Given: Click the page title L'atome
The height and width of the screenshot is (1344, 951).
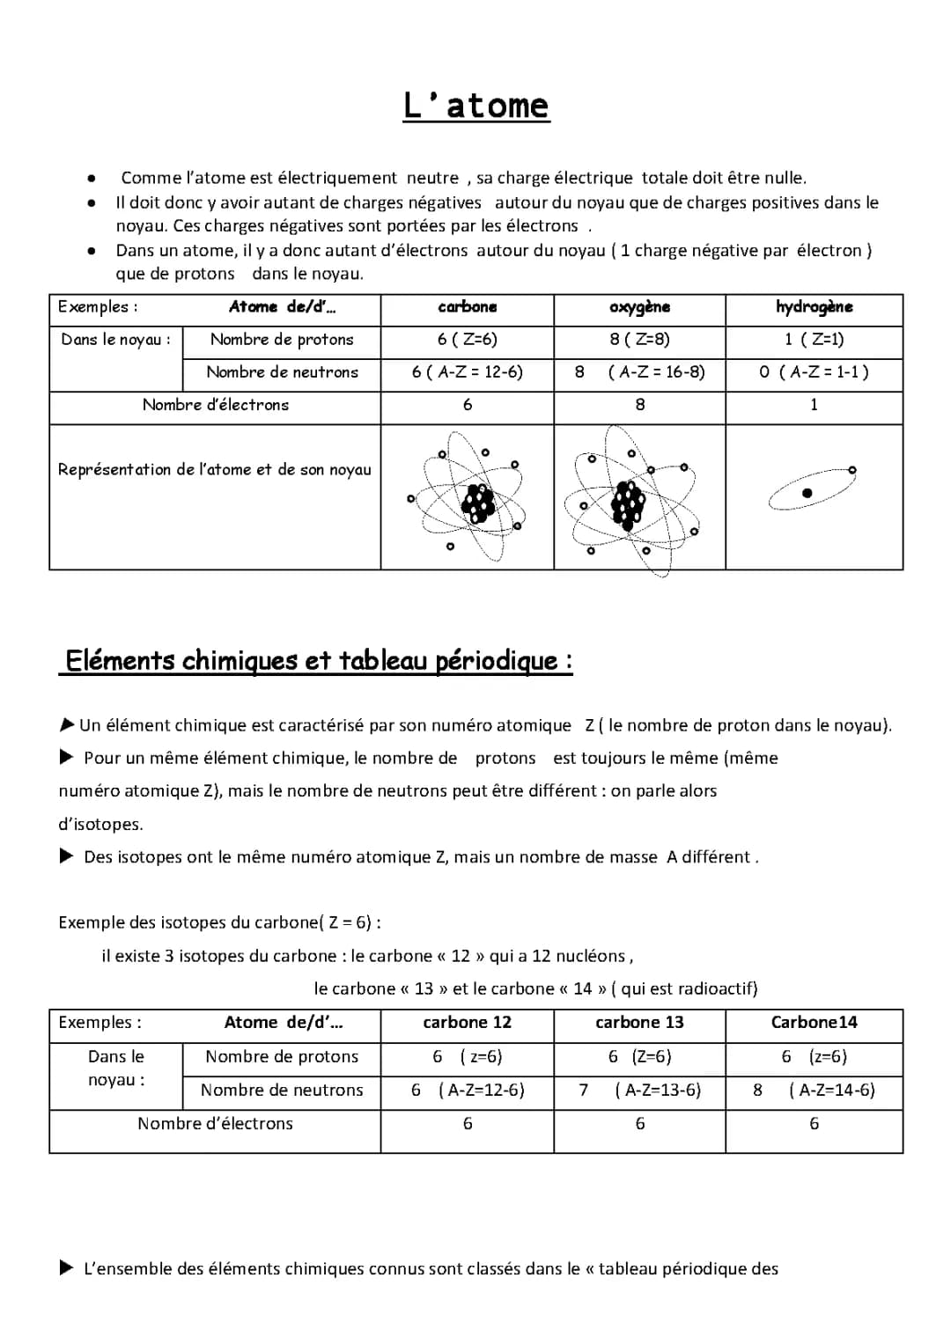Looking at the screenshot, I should tap(475, 106).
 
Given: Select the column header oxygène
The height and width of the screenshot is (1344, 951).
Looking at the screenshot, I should tap(639, 307).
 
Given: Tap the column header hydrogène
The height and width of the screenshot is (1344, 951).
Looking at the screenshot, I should tap(814, 307).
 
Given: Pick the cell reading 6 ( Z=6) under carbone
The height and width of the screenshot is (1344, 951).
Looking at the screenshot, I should tap(467, 340).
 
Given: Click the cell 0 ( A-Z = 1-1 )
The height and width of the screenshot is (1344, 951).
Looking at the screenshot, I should tap(814, 372).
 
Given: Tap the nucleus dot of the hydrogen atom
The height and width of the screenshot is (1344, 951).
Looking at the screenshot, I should tap(807, 494).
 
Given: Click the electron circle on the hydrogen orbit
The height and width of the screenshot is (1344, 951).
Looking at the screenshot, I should tap(852, 471).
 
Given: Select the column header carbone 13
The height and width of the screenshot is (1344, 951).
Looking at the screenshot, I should tap(639, 1023).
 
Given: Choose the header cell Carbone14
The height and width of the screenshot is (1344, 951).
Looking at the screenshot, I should tap(814, 1023).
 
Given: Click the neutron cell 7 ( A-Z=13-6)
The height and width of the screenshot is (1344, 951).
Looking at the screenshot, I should tap(639, 1091).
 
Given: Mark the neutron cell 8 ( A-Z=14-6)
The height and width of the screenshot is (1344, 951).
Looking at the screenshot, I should tap(814, 1091).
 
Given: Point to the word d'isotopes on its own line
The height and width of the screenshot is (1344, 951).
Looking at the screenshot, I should tap(100, 825).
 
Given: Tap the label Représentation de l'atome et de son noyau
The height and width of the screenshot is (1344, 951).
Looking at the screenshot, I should tap(215, 470).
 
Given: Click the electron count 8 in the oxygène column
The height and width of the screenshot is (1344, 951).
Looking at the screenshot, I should tap(640, 405).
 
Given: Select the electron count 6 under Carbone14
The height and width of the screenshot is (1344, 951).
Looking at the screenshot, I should tap(814, 1124).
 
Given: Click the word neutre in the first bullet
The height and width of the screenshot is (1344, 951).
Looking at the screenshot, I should tap(432, 178).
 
